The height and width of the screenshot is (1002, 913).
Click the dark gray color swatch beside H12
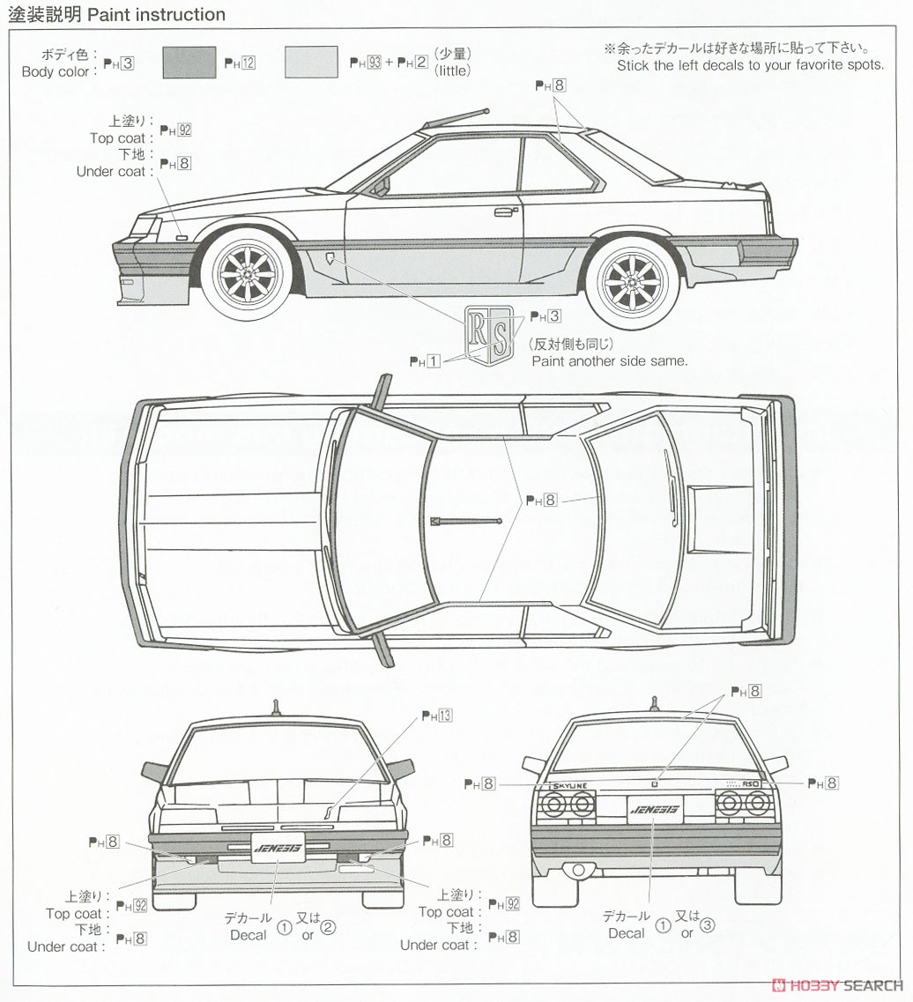[189, 63]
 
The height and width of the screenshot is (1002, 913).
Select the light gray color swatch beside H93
[311, 63]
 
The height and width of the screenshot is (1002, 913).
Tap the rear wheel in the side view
[633, 281]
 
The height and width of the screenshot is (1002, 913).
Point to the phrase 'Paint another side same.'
[609, 360]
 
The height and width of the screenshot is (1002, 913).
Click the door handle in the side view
[504, 211]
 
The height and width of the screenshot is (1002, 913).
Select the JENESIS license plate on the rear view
[652, 807]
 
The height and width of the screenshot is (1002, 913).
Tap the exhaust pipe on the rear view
[578, 870]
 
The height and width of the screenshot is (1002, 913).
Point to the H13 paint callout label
[436, 716]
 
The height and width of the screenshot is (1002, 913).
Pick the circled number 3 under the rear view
[708, 925]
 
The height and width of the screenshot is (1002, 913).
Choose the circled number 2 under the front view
[328, 926]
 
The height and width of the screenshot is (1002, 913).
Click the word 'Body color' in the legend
[55, 71]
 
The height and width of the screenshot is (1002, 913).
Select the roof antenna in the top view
[466, 521]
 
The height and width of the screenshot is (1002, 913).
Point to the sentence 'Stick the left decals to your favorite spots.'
[750, 65]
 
